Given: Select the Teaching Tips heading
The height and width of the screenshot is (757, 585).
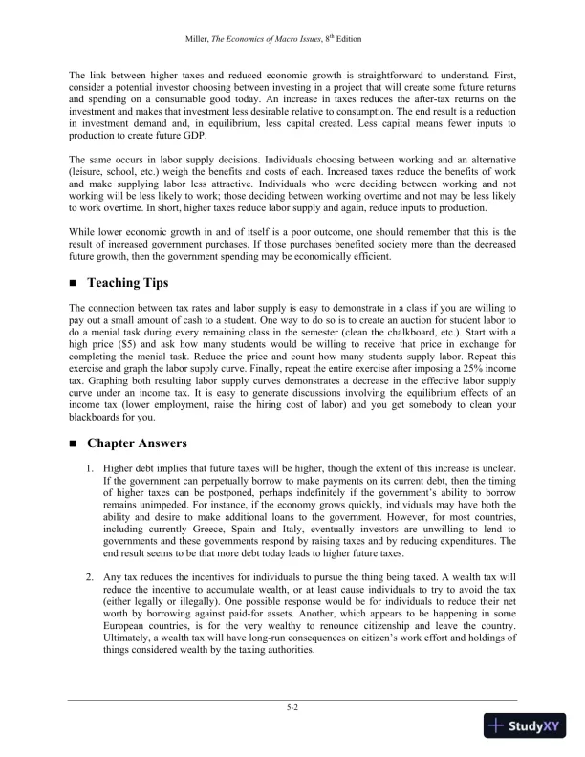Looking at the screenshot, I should pyautogui.click(x=127, y=283).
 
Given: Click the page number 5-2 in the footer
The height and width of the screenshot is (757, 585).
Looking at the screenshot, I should pyautogui.click(x=292, y=708).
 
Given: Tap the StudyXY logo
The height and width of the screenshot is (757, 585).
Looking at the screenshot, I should pyautogui.click(x=527, y=727).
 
